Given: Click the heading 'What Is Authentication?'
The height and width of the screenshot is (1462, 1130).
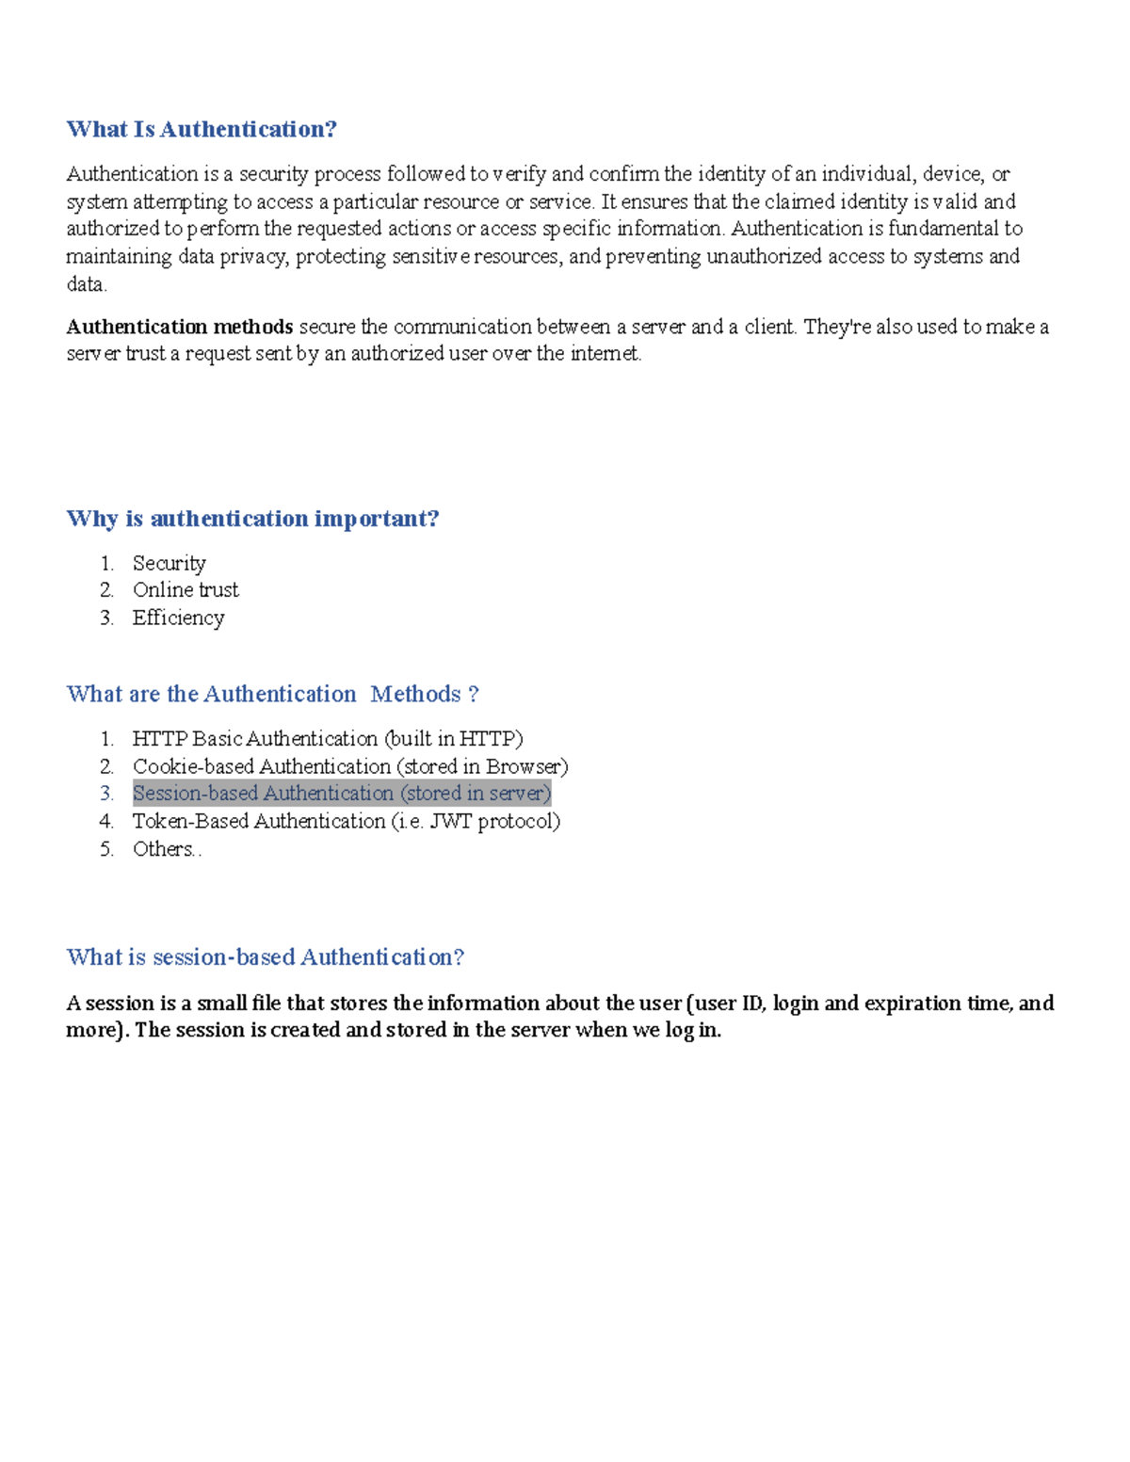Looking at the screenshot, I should pos(202,129).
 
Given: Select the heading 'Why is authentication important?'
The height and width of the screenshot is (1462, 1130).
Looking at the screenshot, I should pos(252,519).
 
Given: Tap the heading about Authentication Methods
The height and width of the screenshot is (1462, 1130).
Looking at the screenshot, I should pos(272,694).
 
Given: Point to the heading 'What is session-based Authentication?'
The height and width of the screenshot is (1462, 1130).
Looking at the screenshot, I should pos(266,957).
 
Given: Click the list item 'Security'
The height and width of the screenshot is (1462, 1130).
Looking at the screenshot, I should pos(169,563).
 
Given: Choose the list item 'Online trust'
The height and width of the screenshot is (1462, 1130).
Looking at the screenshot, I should pos(186,590).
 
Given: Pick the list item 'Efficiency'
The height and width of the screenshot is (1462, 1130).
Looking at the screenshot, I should pos(178,618).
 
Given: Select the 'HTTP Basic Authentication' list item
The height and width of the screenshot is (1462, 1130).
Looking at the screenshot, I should pos(328,739).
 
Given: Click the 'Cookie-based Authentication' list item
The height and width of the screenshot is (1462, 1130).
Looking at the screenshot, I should pos(350,766).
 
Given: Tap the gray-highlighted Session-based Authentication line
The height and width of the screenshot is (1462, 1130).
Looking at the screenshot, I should pos(342,794).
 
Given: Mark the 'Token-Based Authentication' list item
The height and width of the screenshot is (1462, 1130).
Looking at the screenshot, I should pos(346,821).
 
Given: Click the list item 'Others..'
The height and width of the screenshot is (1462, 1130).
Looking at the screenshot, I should pos(167,849).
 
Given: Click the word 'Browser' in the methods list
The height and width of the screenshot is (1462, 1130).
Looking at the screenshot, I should pos(524,766).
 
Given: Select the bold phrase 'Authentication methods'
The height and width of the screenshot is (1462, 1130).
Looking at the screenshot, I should pos(180,327).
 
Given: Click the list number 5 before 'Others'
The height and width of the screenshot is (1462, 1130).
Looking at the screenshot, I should pos(106,849).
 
